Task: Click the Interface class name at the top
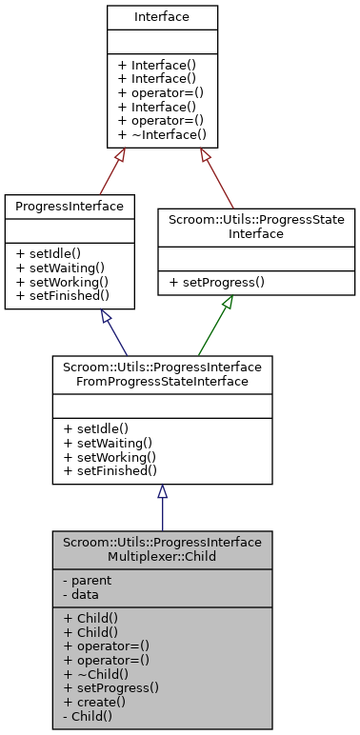click(162, 17)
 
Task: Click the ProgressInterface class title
click(69, 206)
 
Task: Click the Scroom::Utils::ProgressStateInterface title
click(256, 226)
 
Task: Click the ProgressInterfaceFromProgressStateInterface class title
click(162, 372)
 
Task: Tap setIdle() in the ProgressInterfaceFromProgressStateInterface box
click(95, 429)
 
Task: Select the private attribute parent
click(85, 580)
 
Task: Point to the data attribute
click(81, 593)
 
